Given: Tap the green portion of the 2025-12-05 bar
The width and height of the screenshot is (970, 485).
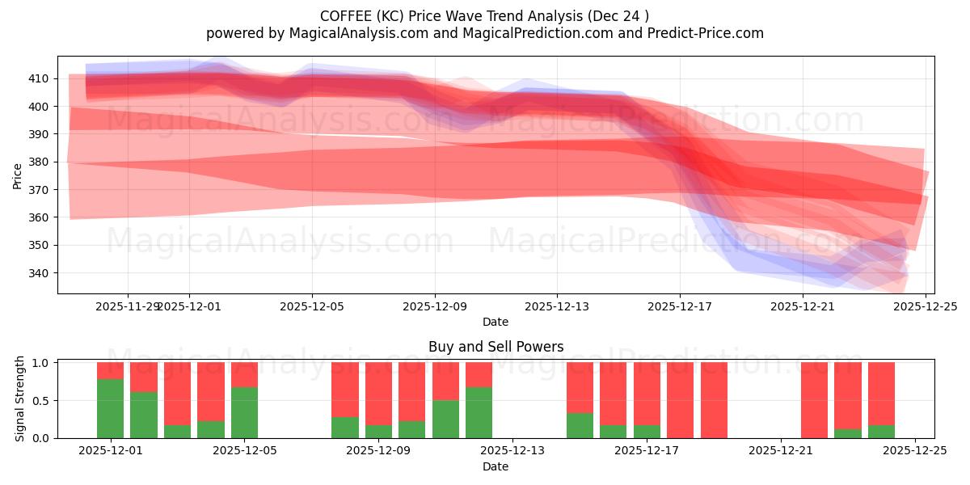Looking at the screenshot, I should [x=244, y=412].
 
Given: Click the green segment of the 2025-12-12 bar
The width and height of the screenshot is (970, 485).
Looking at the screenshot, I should [x=479, y=412].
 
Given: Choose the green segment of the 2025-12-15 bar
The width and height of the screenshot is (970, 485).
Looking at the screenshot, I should [x=580, y=425].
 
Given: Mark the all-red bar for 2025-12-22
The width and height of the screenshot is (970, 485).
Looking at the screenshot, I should [x=814, y=400].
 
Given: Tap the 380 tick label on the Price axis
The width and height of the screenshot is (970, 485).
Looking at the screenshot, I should [x=39, y=162].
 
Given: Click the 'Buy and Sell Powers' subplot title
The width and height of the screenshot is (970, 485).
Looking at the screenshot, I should [x=496, y=347].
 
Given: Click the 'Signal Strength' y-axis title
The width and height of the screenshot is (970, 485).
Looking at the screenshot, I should [x=19, y=399].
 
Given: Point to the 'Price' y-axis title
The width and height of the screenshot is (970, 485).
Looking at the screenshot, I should [x=18, y=175].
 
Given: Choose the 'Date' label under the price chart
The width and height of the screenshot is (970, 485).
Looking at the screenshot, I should [x=496, y=322].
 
